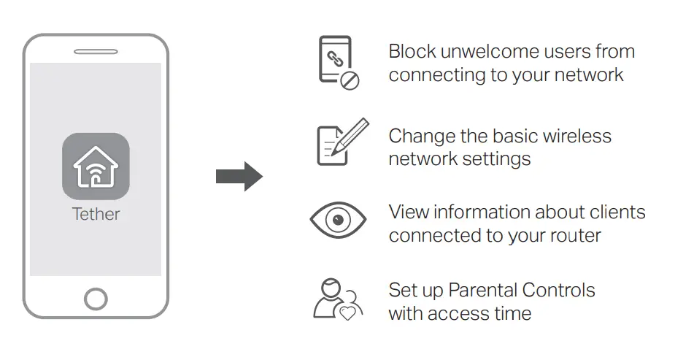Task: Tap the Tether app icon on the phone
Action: click(x=96, y=166)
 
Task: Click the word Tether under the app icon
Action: click(x=96, y=214)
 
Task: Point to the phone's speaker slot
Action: click(x=96, y=52)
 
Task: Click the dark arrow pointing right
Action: click(x=239, y=176)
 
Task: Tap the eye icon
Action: click(x=338, y=219)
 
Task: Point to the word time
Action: click(x=512, y=314)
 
